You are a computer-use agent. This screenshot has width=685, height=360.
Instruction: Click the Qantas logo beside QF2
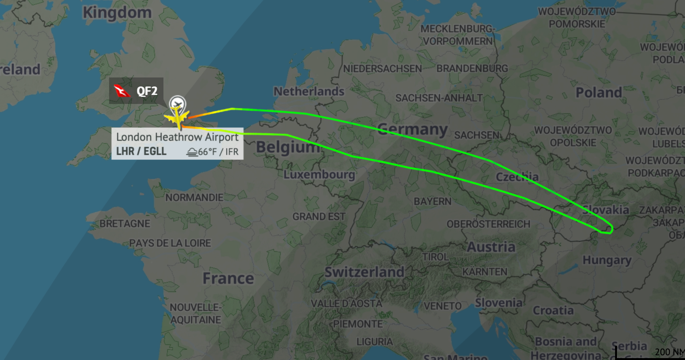122,91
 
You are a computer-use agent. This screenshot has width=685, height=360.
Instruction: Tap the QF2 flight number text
147,91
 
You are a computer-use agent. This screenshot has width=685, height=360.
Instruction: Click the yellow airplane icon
177,116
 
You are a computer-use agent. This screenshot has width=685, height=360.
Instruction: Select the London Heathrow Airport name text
177,137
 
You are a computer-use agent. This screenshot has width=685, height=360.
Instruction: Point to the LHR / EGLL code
141,152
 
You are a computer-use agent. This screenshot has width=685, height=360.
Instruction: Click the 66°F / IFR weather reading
213,152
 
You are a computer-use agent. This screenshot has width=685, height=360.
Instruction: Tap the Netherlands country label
309,91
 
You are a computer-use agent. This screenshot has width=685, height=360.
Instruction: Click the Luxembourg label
319,175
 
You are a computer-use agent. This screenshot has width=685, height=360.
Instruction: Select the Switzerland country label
364,272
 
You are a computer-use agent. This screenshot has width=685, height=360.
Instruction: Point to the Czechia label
517,177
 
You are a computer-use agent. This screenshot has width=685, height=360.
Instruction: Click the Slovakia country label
606,210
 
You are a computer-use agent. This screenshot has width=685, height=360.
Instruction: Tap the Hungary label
607,260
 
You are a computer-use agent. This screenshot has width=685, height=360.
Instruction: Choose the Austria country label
491,247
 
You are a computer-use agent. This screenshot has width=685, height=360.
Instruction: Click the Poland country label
599,92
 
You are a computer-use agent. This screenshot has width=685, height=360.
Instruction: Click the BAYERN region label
432,201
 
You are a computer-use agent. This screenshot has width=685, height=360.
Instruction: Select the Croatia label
553,310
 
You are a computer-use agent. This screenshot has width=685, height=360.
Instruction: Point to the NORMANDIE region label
194,197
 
